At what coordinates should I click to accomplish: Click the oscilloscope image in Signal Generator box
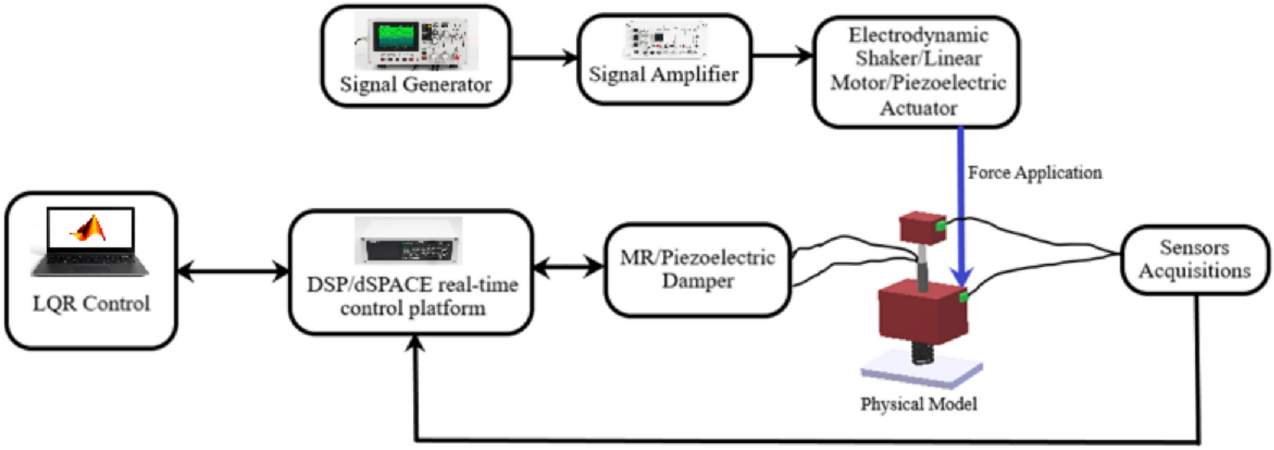tap(416, 42)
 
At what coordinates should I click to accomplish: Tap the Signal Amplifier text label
tap(664, 74)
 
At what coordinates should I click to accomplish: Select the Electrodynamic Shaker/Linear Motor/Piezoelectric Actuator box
tap(917, 72)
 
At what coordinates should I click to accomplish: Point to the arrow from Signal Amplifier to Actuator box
tap(783, 56)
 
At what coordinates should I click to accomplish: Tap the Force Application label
tap(1035, 173)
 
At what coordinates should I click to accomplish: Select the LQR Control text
tap(92, 303)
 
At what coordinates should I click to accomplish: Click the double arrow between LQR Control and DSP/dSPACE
tap(234, 271)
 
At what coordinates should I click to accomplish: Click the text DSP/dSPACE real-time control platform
tap(412, 296)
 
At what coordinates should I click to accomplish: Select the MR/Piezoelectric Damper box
tap(698, 269)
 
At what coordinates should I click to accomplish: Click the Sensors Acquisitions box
tap(1195, 259)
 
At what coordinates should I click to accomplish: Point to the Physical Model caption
tap(919, 404)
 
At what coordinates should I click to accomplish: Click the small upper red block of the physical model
tap(923, 227)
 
